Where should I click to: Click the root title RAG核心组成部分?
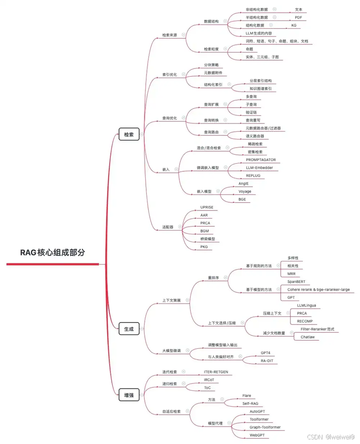(52, 253)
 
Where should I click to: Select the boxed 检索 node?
(128, 134)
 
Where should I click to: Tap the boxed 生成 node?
(128, 329)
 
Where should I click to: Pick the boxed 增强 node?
(128, 395)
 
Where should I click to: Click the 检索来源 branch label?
(169, 35)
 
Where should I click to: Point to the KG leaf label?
(294, 25)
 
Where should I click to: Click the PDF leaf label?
(298, 17)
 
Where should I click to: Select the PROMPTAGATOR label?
(264, 160)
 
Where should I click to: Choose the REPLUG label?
(253, 175)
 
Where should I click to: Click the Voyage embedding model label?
(245, 191)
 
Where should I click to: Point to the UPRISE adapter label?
(207, 207)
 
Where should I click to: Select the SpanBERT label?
(296, 282)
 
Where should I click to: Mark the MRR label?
(292, 274)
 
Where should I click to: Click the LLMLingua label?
(306, 305)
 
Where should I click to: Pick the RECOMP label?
(305, 321)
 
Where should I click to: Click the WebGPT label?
(258, 435)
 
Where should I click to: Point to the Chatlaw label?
(308, 337)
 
